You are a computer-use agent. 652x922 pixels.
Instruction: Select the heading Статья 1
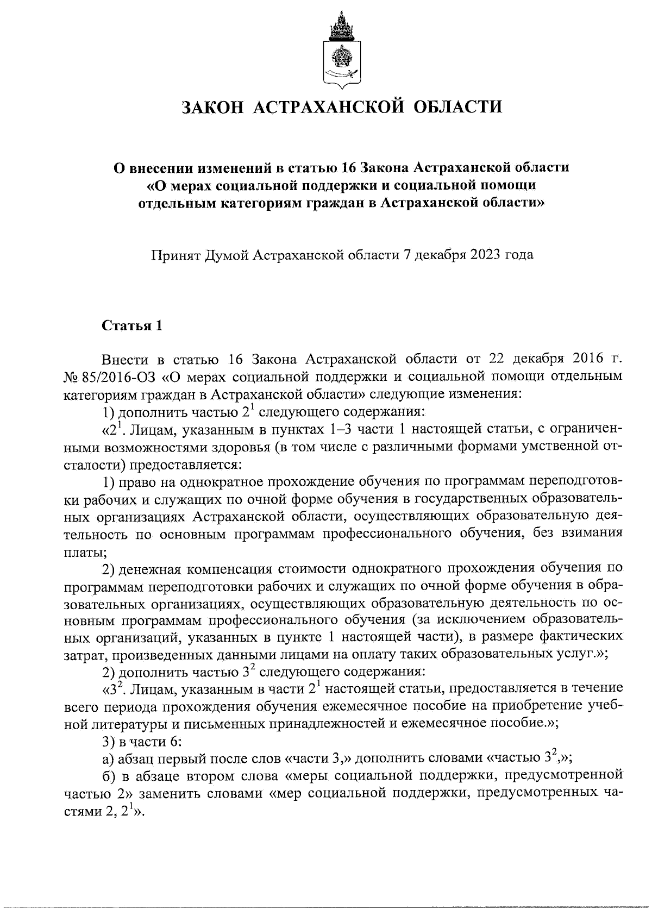click(x=132, y=326)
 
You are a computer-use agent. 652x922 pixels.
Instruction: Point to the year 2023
click(x=481, y=255)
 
